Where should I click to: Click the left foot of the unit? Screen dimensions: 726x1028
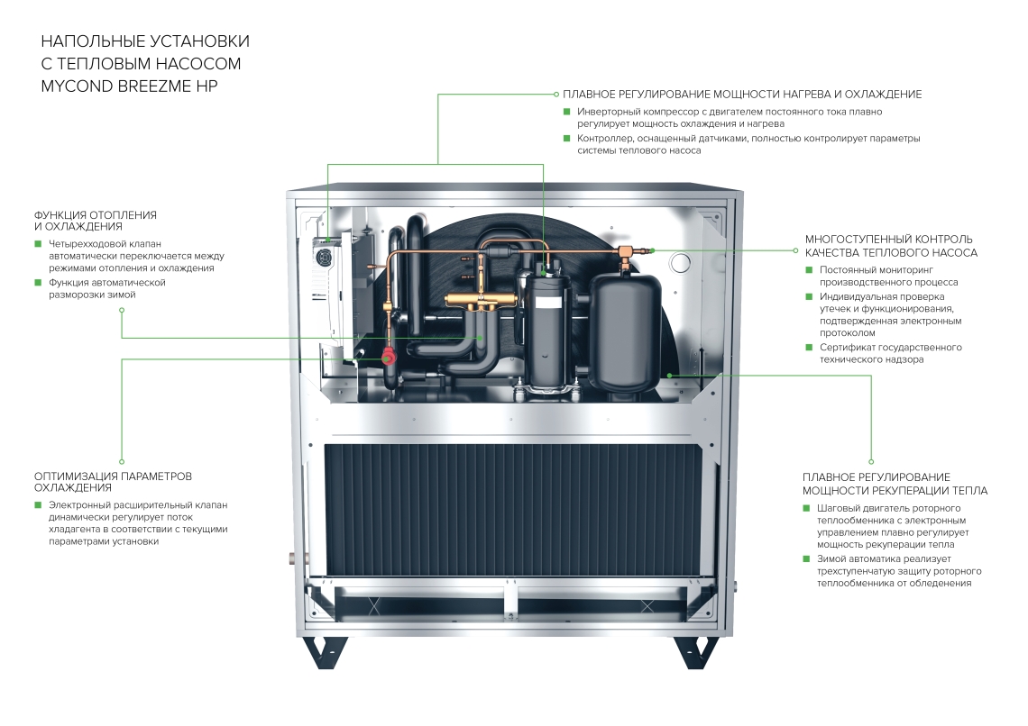pyautogui.click(x=326, y=651)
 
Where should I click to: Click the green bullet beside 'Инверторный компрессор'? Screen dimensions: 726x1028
pyautogui.click(x=567, y=112)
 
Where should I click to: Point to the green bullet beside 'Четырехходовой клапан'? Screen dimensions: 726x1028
pyautogui.click(x=38, y=243)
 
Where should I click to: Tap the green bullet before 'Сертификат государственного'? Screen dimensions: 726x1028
pyautogui.click(x=809, y=348)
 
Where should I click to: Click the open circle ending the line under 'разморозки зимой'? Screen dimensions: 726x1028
pyautogui.click(x=122, y=310)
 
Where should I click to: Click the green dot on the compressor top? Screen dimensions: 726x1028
pyautogui.click(x=545, y=267)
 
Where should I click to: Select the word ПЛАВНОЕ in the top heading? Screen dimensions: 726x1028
pyautogui.click(x=592, y=94)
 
